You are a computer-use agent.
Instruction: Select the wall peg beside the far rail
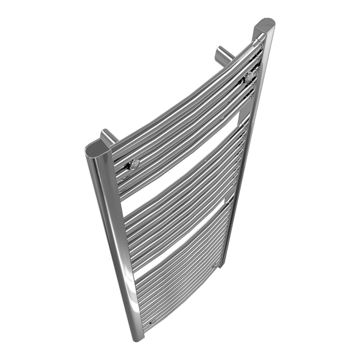(221, 53)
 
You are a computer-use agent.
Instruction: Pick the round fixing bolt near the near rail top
(134, 163)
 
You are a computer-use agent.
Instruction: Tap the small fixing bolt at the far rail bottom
(215, 266)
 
